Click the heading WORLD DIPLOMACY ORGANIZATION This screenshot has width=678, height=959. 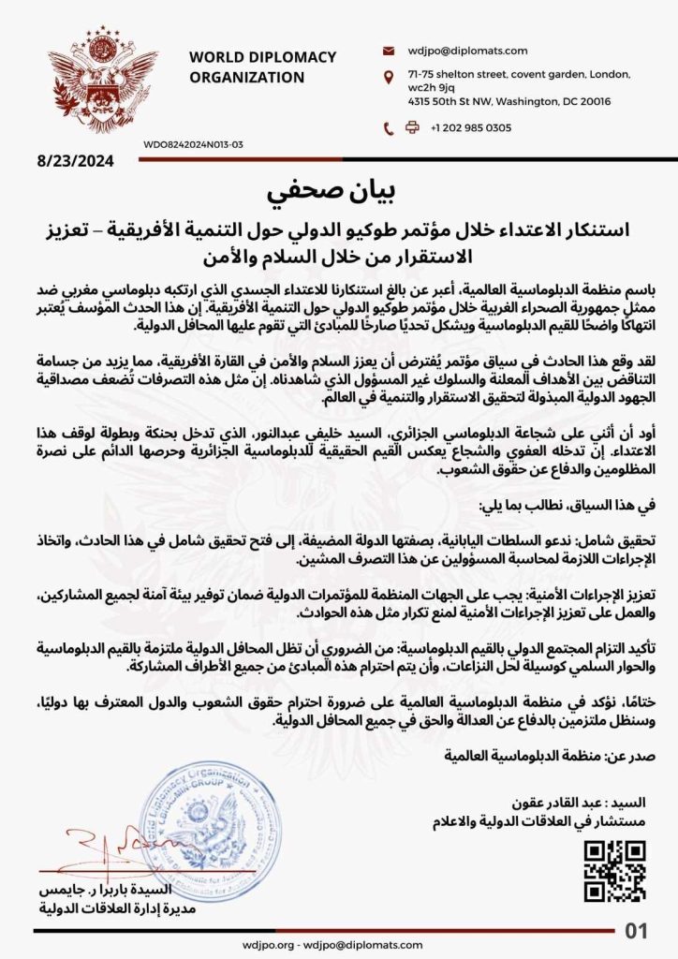point(261,66)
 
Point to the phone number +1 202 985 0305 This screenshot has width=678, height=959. point(473,128)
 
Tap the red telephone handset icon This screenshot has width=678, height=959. point(389,128)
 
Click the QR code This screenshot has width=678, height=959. point(614,871)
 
